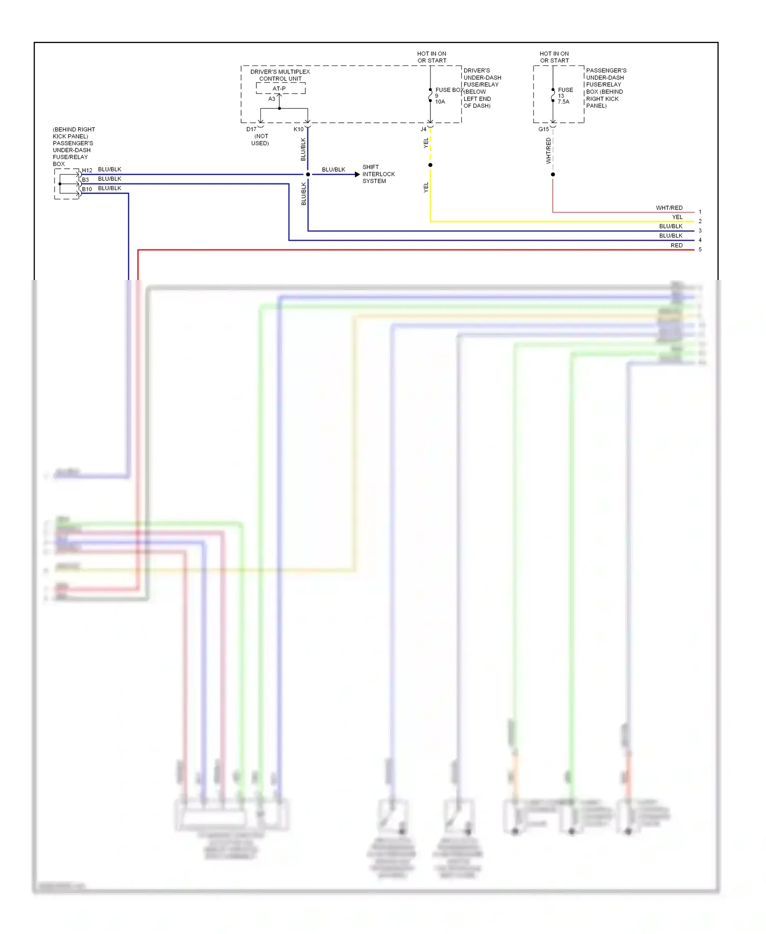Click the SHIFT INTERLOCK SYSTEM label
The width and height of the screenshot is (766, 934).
(x=378, y=174)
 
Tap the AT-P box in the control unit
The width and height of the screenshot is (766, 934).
(x=279, y=89)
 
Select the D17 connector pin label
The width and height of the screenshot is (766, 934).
(x=251, y=129)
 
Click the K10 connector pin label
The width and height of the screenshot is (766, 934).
(x=298, y=129)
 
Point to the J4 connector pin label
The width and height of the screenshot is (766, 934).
(x=423, y=129)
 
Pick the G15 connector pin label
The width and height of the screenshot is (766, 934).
(x=543, y=129)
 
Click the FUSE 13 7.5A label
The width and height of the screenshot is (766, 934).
(x=564, y=96)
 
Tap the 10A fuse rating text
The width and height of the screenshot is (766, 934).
(x=440, y=102)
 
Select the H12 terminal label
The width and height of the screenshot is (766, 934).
(x=87, y=170)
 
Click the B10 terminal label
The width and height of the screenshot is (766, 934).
(x=87, y=189)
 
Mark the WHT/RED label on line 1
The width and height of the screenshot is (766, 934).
(x=669, y=208)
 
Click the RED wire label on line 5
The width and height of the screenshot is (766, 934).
(x=676, y=246)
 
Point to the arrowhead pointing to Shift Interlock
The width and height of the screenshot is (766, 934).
(x=357, y=175)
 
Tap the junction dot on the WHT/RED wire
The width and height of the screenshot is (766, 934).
(x=553, y=175)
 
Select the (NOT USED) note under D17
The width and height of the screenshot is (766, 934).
(x=260, y=139)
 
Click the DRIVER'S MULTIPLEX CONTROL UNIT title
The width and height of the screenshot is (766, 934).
(x=280, y=75)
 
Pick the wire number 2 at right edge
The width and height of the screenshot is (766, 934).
(x=700, y=221)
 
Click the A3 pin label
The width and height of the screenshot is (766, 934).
(x=272, y=99)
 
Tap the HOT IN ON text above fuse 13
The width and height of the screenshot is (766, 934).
(x=554, y=54)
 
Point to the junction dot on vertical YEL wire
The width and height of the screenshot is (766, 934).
(x=430, y=165)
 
